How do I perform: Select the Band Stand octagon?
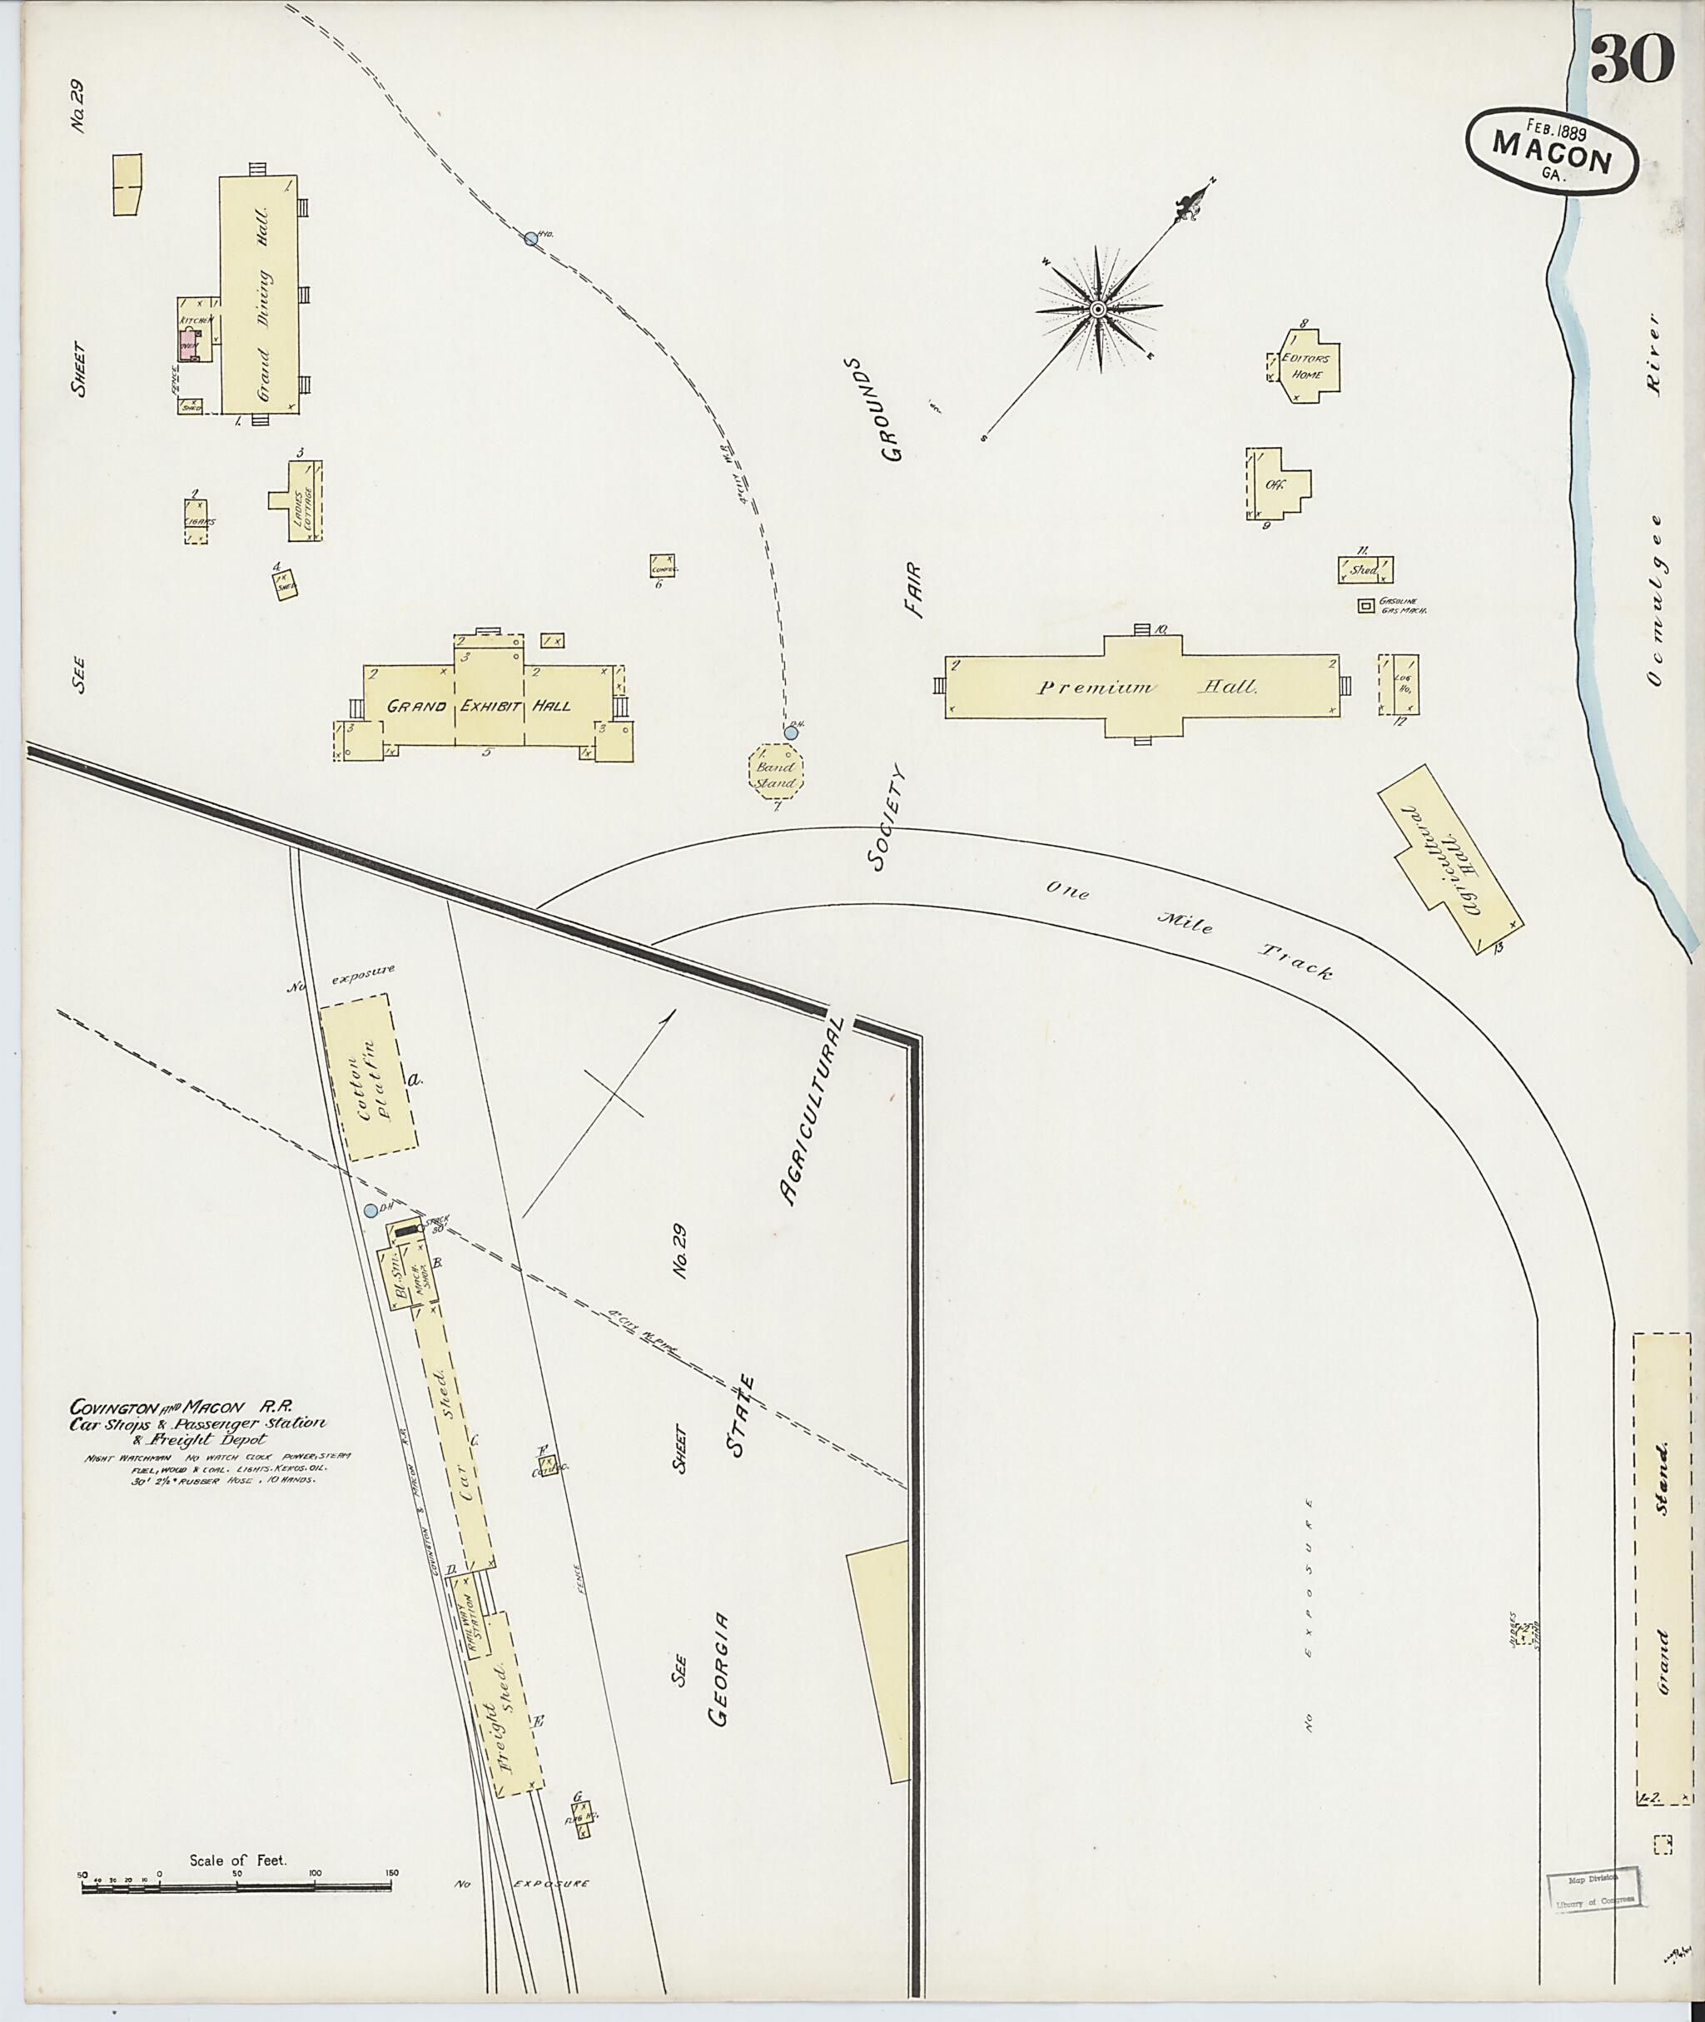coord(775,769)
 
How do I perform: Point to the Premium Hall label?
coord(1146,688)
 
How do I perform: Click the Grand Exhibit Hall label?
coord(479,706)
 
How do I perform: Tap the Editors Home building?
coord(1307,365)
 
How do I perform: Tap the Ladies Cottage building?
coord(301,499)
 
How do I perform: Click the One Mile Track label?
coord(1189,929)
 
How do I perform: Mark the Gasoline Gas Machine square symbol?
coord(1364,606)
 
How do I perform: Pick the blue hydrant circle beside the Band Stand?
coord(791,733)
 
